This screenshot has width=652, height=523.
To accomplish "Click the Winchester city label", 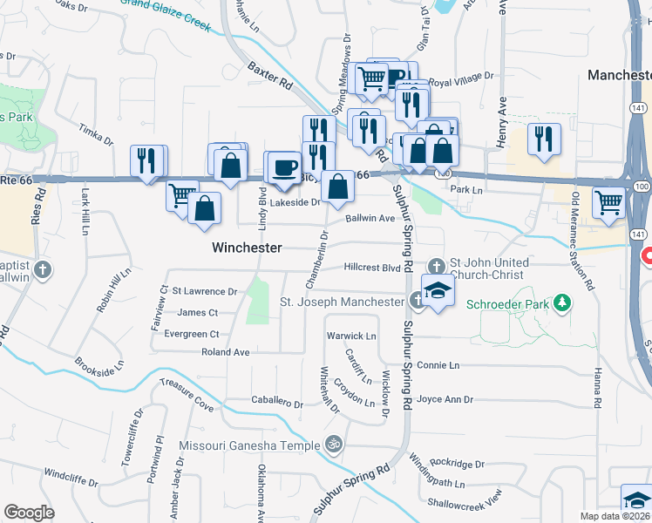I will [248, 248].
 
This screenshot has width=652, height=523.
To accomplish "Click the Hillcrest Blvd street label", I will [372, 268].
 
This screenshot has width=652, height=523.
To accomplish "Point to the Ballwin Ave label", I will [370, 219].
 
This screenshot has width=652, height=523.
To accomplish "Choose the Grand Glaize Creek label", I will [166, 15].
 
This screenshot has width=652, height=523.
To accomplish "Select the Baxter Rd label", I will [269, 78].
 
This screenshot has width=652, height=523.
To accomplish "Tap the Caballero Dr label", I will [276, 404].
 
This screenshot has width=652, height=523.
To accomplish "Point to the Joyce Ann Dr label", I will [445, 400].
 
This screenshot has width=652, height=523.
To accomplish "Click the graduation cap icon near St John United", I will [438, 289].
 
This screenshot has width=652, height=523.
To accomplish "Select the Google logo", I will [29, 513].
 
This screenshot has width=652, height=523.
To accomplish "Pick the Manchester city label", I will [619, 76].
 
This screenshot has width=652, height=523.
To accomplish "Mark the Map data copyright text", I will [614, 516].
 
